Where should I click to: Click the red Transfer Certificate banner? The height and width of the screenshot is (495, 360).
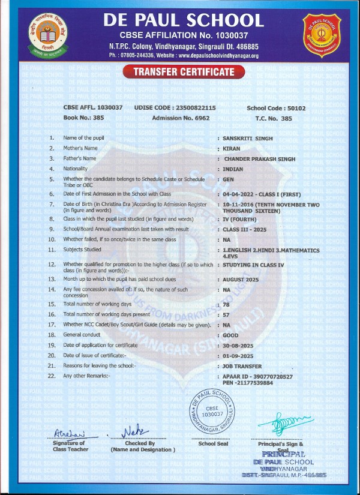pyautogui.click(x=179, y=73)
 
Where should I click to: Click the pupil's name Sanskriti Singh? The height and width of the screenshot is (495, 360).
pyautogui.click(x=247, y=138)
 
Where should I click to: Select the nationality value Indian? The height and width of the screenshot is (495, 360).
pyautogui.click(x=233, y=169)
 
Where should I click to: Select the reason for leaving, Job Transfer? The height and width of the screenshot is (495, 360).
pyautogui.click(x=242, y=365)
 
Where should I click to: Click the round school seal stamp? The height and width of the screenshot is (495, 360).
pyautogui.click(x=211, y=413)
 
